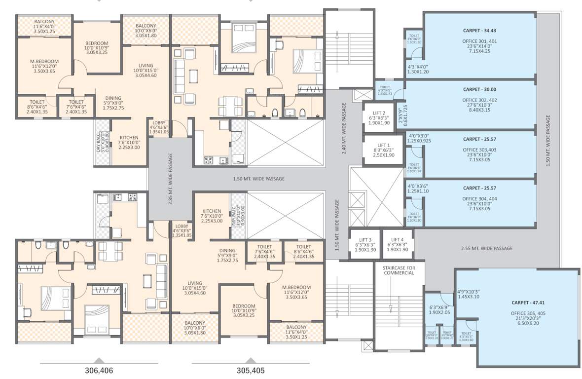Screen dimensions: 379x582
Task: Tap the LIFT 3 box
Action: pyautogui.click(x=364, y=244)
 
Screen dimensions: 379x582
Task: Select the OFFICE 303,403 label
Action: pyautogui.click(x=479, y=150)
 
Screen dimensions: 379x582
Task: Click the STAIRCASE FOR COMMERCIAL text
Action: pyautogui.click(x=399, y=270)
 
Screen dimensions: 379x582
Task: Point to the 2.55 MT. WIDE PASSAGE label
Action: pyautogui.click(x=486, y=248)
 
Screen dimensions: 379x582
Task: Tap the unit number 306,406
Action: pyautogui.click(x=99, y=370)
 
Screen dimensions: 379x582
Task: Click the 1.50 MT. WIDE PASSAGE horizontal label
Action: pyautogui.click(x=258, y=179)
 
